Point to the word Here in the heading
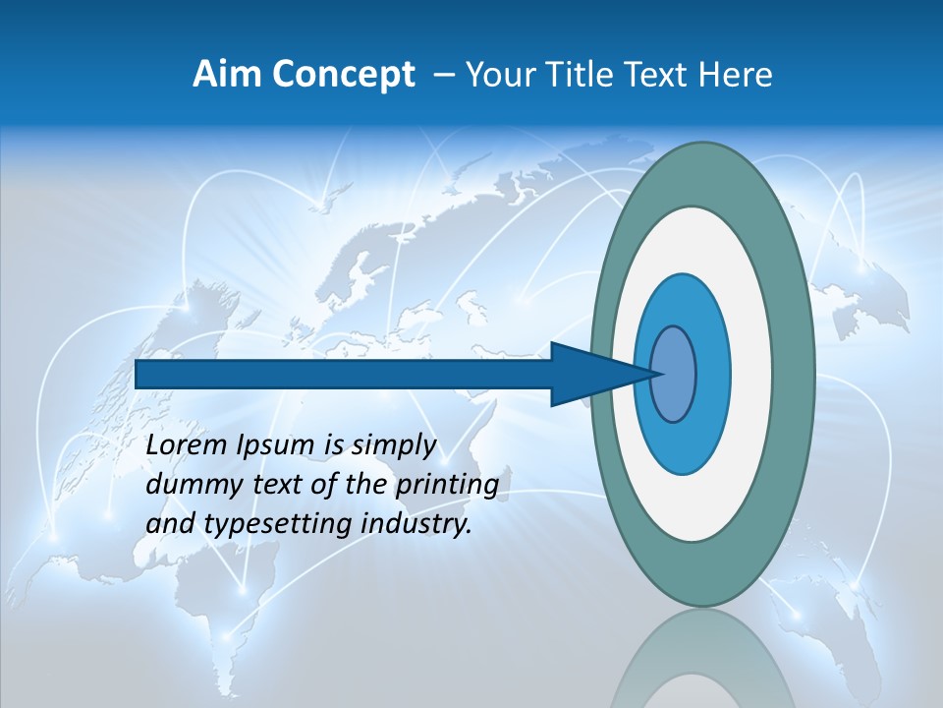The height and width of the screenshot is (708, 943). tap(736, 75)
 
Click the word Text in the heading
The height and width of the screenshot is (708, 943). tap(659, 75)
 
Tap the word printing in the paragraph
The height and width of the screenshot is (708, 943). tap(446, 486)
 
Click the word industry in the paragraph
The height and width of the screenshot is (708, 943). tap(416, 524)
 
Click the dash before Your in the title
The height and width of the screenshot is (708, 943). tap(444, 75)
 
